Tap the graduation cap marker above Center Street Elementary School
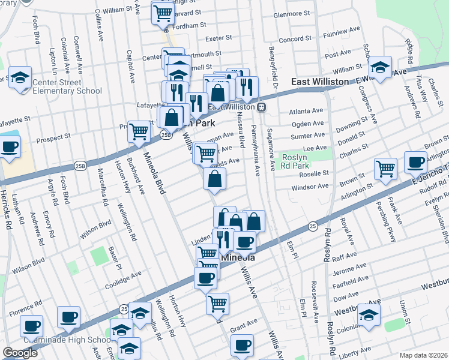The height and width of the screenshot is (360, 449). pos(20,77)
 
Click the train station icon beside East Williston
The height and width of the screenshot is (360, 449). pos(262,107)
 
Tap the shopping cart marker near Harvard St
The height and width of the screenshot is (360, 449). pos(162,11)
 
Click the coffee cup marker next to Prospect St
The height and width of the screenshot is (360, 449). pos(10,147)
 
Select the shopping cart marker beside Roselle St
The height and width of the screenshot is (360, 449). pos(385,168)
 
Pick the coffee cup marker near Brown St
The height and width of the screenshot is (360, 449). pos(415,161)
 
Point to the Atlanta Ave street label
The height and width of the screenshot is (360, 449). pos(306,111)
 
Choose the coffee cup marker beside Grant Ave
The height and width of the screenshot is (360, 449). pos(243,345)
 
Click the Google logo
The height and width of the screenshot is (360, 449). pos(20,353)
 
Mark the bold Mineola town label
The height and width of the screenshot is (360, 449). pos(240,257)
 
